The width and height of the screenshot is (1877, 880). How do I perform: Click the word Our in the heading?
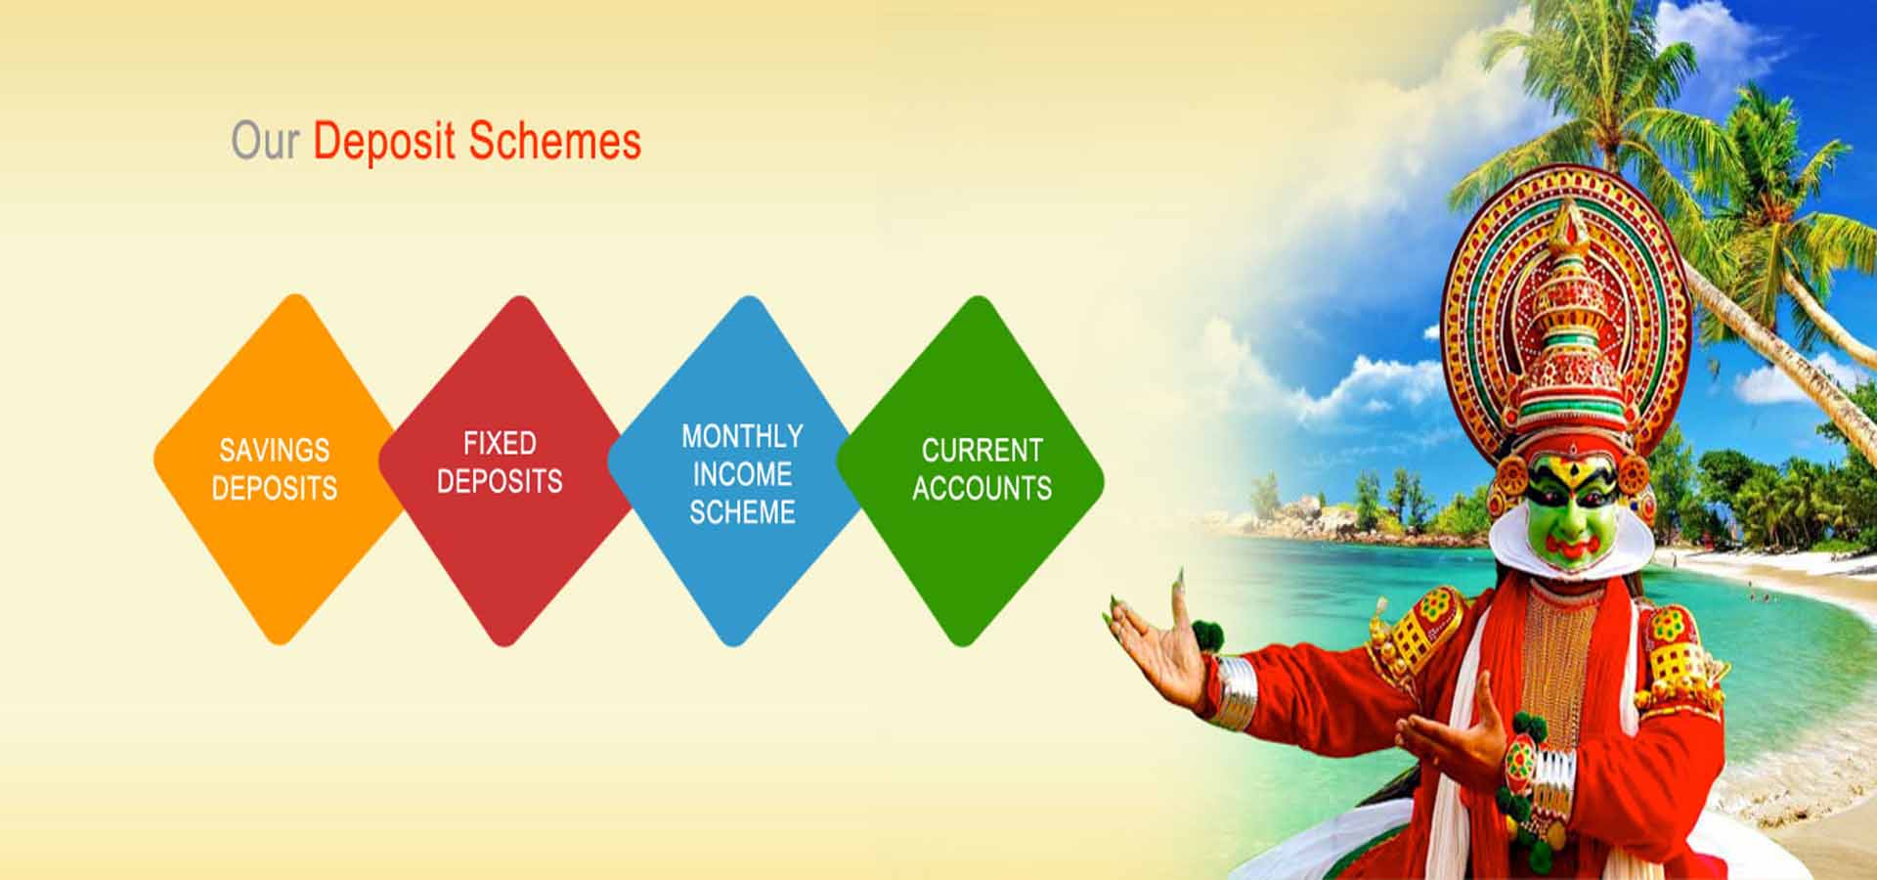(264, 141)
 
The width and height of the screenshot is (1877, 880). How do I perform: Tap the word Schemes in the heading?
(554, 141)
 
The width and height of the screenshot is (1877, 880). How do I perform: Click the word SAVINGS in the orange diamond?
(274, 450)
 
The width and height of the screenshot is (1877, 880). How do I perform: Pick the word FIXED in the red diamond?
(500, 443)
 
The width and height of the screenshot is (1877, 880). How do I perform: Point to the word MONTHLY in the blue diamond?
(742, 435)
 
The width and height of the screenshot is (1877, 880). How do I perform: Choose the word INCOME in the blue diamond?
(742, 474)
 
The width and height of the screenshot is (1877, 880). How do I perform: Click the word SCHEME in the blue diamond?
(742, 512)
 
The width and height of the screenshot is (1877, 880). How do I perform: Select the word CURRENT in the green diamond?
(982, 450)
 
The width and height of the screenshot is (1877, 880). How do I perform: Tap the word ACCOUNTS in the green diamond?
(982, 488)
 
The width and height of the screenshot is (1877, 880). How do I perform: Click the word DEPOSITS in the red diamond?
(500, 481)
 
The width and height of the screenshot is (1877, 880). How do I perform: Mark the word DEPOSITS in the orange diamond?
(274, 488)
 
